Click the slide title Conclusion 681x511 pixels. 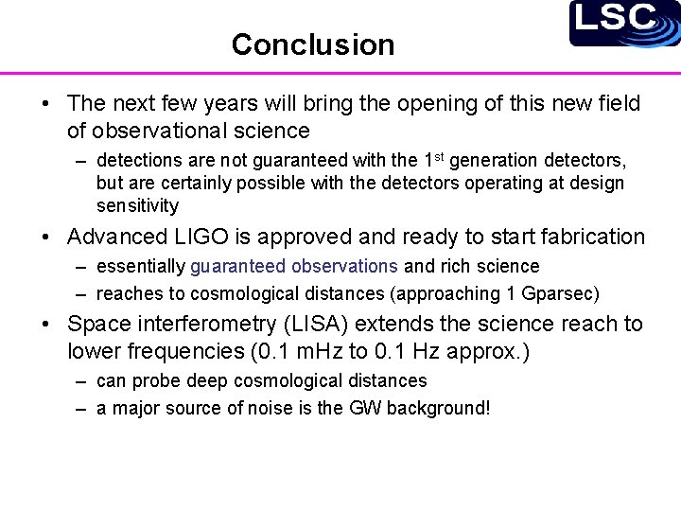point(312,44)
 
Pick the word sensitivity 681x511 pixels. point(137,206)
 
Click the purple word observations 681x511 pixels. point(341,267)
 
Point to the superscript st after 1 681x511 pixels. point(437,156)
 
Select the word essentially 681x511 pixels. point(140,267)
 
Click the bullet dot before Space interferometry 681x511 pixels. point(46,325)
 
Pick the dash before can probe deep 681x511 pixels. point(83,381)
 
